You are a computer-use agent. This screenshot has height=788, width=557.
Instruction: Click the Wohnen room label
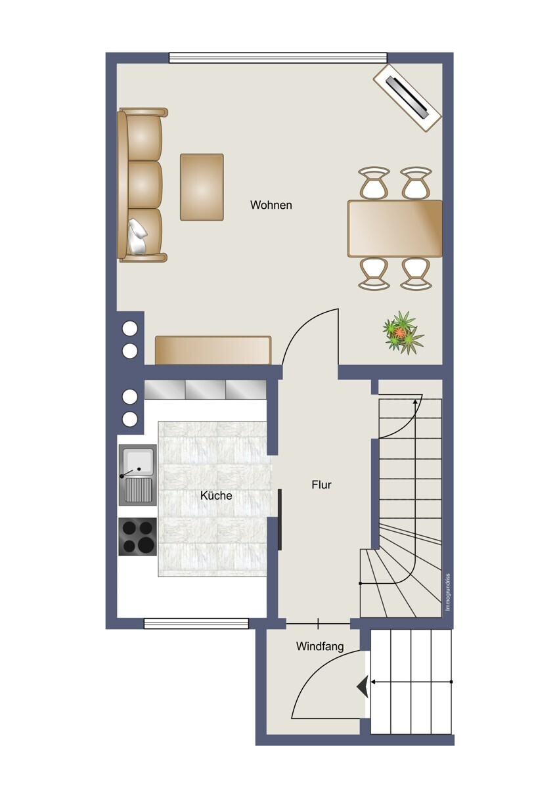click(271, 206)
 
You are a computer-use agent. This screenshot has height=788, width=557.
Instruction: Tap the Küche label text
click(216, 496)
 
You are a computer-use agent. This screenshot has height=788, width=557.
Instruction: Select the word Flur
click(321, 485)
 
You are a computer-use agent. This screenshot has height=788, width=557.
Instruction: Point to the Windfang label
click(320, 646)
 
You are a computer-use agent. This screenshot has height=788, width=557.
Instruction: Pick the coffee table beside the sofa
click(202, 186)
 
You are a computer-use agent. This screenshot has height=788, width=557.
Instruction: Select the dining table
click(395, 229)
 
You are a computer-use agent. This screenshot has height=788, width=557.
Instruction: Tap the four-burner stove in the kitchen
click(138, 536)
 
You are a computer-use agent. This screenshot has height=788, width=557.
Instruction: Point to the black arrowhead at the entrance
click(362, 687)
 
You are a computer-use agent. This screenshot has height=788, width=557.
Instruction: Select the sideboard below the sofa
click(213, 350)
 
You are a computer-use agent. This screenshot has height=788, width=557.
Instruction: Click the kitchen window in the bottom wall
click(196, 623)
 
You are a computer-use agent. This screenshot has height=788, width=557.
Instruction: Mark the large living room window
click(278, 58)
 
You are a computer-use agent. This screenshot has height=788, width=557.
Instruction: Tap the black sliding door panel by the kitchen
click(280, 519)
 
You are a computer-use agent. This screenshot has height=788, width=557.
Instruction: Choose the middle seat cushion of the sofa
click(144, 185)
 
